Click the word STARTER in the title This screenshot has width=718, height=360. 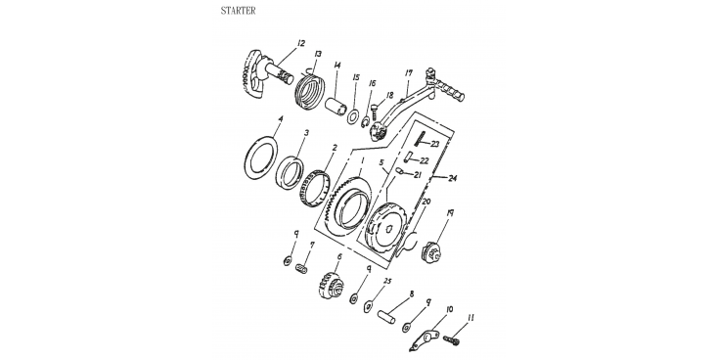coord(238,11)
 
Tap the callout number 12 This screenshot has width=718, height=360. coord(301,43)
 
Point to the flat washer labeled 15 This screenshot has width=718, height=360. coord(353,116)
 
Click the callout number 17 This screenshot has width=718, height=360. coord(409,72)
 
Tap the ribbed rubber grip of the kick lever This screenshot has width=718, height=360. coord(450,90)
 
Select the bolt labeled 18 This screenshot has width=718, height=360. coord(375,111)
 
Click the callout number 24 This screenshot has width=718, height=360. coord(452,179)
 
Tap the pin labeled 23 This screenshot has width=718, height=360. coord(420,138)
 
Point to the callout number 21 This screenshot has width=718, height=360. coord(417,175)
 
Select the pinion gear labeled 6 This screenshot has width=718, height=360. coord(331,285)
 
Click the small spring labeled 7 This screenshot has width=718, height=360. coord(301,268)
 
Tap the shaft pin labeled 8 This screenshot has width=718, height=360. coord(386,317)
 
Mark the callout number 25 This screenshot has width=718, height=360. coord(387,281)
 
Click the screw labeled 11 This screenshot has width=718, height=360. coord(451,341)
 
